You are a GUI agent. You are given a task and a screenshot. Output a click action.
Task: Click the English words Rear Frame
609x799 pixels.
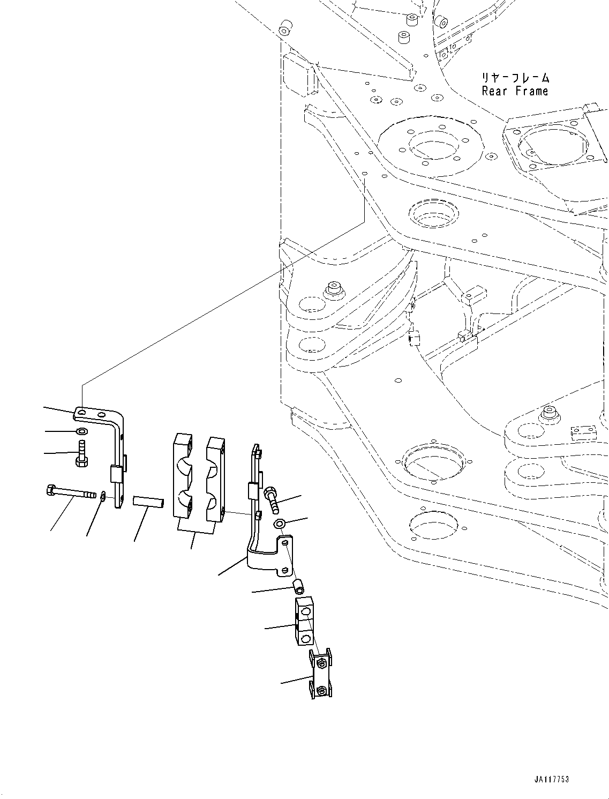(x=514, y=91)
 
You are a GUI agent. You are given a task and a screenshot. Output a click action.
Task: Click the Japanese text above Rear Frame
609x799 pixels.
(x=514, y=78)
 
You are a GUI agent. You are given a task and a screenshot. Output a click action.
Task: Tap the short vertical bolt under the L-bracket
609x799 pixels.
(x=82, y=453)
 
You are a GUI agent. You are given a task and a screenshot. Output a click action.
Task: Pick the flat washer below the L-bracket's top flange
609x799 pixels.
(x=81, y=431)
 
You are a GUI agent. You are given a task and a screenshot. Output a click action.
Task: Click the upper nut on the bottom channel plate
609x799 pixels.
(x=321, y=664)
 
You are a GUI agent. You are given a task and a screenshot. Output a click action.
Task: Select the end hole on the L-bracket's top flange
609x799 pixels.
(x=80, y=411)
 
